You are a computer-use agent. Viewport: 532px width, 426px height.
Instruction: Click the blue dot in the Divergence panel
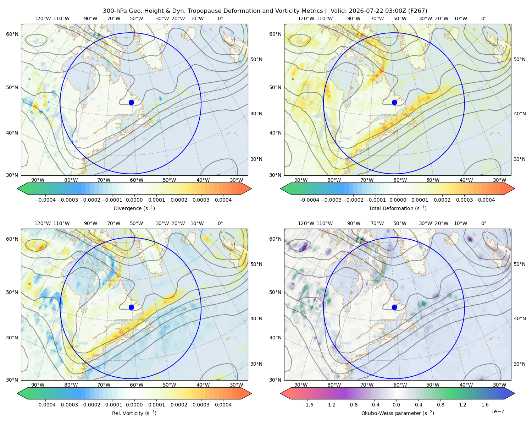coord(131,102)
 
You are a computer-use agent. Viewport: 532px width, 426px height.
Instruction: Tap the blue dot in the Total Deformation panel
coord(394,102)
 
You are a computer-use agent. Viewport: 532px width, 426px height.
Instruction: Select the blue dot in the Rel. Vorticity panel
coord(131,307)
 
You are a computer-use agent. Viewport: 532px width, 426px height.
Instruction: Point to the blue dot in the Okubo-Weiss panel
coord(394,307)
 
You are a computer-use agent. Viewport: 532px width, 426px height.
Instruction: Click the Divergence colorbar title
coord(134,208)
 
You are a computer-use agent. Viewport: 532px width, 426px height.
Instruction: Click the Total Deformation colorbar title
coord(398,208)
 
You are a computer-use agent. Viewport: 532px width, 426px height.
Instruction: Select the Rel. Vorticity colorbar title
coord(134,413)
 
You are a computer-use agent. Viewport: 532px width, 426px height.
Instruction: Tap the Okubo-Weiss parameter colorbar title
coord(398,413)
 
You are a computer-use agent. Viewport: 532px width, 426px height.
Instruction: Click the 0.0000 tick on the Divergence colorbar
coord(134,200)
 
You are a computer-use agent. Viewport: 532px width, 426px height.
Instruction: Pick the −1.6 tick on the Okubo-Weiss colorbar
coord(307,405)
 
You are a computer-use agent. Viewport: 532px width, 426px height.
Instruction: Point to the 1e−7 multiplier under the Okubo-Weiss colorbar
coord(497,411)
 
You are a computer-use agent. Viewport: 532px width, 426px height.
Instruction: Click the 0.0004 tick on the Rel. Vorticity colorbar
coord(223,405)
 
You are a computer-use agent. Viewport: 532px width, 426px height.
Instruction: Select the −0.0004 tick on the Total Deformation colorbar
coord(309,200)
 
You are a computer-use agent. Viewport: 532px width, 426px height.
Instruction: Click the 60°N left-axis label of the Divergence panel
coord(12,34)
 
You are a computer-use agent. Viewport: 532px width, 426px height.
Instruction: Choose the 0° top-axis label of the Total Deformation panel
coord(484,18)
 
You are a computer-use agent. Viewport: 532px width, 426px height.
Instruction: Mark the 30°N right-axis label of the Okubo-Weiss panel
coord(520,364)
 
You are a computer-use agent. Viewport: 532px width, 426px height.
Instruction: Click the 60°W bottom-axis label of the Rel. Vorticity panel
coord(137,385)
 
